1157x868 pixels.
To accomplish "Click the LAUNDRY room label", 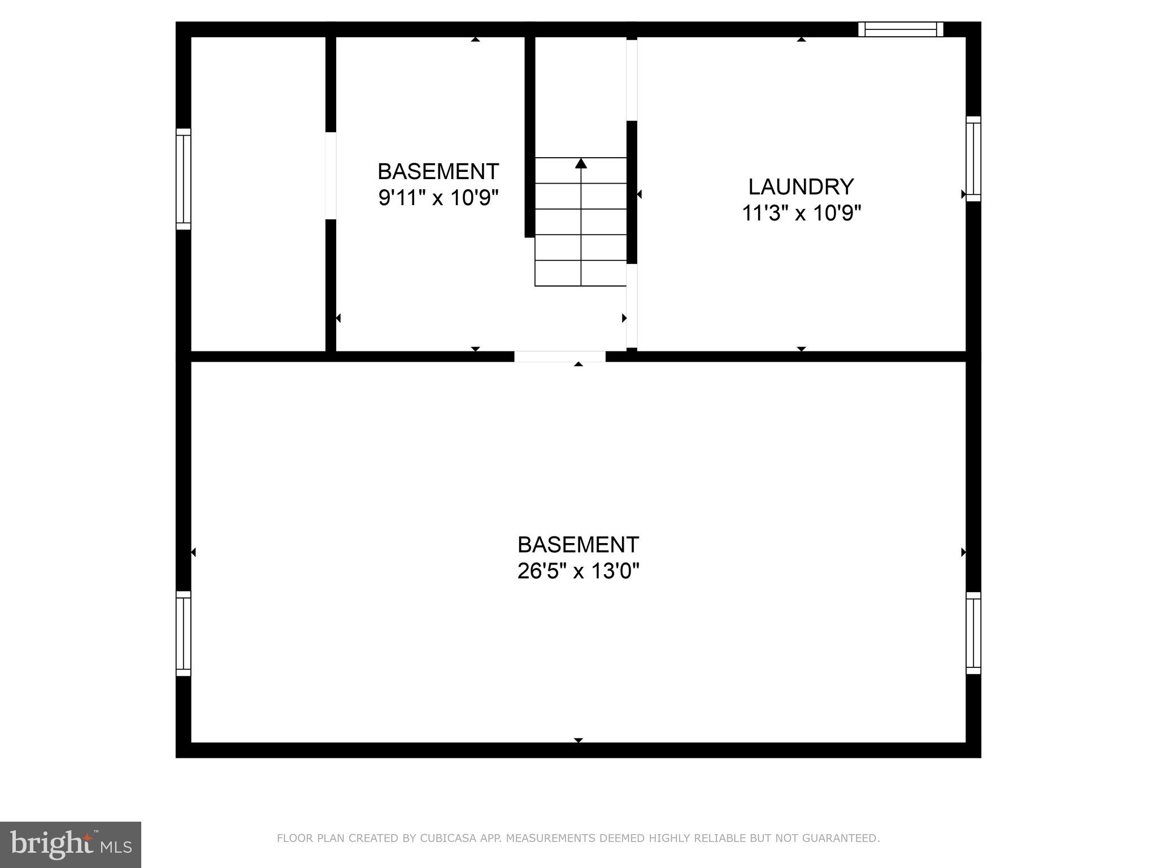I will click(801, 186).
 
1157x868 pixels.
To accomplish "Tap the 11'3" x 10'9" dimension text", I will click(801, 214).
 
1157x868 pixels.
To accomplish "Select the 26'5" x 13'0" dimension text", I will click(578, 571).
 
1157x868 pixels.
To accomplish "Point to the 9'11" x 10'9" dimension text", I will click(438, 198).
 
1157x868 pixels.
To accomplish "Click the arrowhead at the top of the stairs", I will click(581, 163).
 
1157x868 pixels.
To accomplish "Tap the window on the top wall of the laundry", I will click(901, 29).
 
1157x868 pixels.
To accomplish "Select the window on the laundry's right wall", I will click(973, 158).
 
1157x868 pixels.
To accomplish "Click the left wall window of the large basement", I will click(183, 633).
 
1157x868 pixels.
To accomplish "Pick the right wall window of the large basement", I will click(973, 633).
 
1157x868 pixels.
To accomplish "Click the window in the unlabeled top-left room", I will click(183, 179).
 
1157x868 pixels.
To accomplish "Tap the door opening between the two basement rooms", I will click(559, 357).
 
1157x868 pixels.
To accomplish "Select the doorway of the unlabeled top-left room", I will click(330, 176).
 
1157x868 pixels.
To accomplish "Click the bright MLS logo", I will click(71, 844).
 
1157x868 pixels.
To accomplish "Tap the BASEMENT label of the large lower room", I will click(578, 545).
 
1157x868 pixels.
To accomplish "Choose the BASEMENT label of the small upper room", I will click(438, 171).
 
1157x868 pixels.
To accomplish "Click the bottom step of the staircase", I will click(581, 274).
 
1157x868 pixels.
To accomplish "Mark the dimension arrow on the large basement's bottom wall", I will click(578, 740).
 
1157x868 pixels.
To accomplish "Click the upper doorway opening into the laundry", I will click(632, 80).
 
